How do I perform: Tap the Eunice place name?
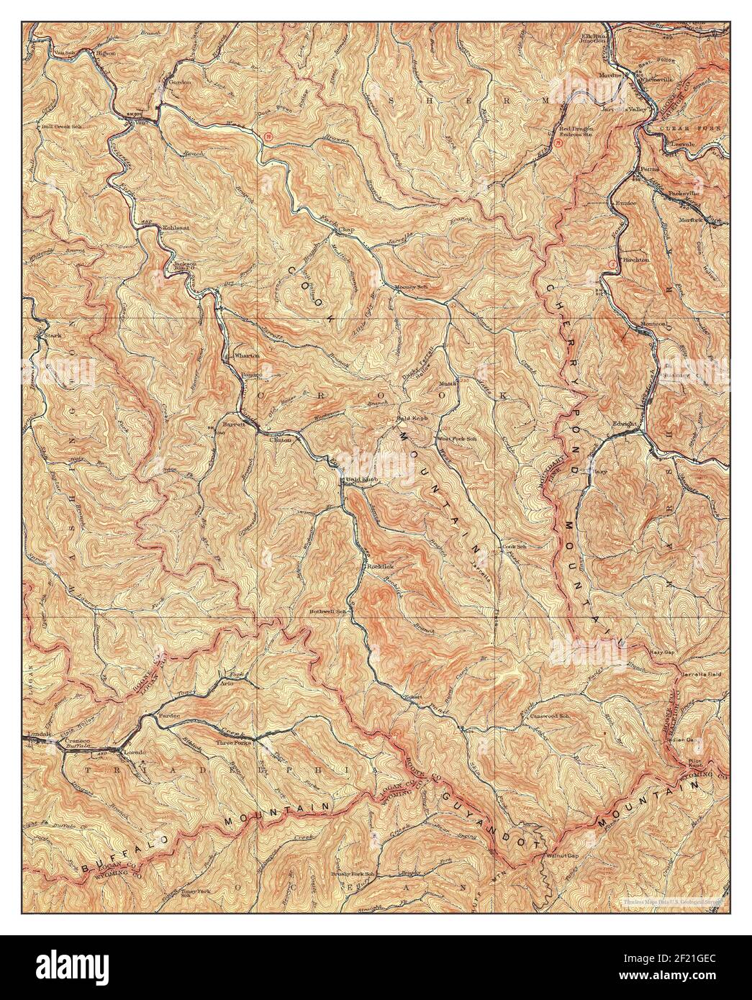[625, 204]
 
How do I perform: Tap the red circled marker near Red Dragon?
[558, 142]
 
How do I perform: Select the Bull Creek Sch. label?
[60, 127]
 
